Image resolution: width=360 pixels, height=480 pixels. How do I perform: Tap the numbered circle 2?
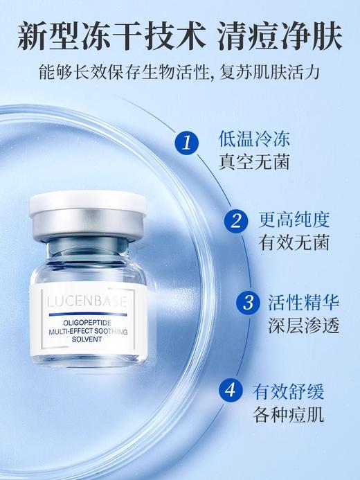[236, 222]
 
